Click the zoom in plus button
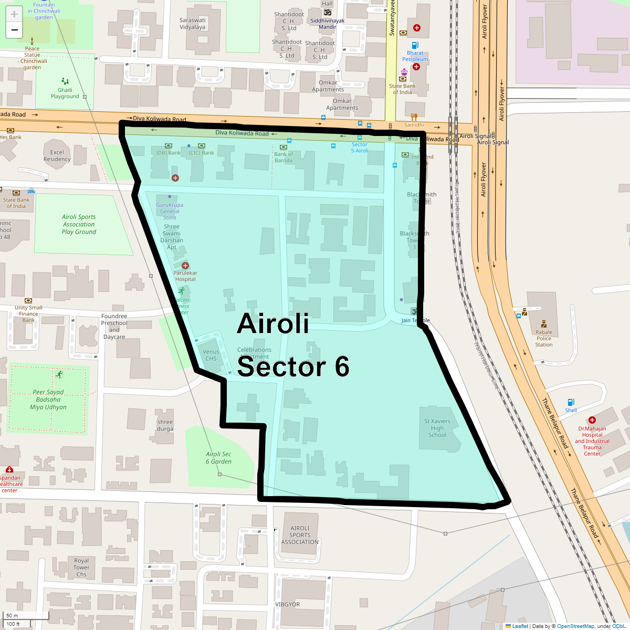tap(14, 14)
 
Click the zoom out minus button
tap(14, 30)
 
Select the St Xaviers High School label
tap(437, 428)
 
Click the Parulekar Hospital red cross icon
tap(185, 266)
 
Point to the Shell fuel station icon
tap(571, 403)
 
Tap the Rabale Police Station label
tap(544, 338)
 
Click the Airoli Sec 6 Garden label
tap(218, 458)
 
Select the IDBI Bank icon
tap(169, 145)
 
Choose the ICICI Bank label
tap(202, 153)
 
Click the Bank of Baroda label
tap(283, 157)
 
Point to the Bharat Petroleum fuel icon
tap(415, 46)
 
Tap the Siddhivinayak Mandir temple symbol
tap(328, 13)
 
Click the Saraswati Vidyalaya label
tap(193, 24)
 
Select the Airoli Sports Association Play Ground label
tap(79, 224)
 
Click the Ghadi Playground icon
tap(65, 81)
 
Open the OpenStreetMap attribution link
tap(575, 626)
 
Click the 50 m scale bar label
tap(12, 616)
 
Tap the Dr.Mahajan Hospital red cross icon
tap(592, 420)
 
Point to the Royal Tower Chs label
tap(81, 568)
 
